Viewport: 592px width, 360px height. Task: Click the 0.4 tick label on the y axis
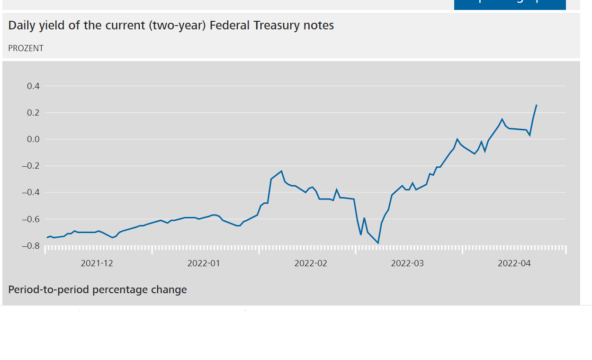tap(33, 86)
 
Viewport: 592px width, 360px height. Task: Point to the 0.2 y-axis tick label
tap(33, 113)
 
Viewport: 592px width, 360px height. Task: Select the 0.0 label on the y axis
tap(33, 139)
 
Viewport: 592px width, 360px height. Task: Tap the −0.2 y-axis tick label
tap(31, 166)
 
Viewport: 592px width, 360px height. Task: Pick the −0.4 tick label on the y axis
tap(31, 192)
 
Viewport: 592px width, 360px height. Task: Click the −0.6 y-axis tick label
tap(31, 219)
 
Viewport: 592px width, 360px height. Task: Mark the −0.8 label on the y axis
tap(31, 246)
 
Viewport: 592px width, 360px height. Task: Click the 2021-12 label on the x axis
tap(97, 263)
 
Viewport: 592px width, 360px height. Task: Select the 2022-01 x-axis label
tap(204, 263)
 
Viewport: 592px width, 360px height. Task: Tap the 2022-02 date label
tap(311, 263)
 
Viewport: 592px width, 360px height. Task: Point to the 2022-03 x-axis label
tap(407, 263)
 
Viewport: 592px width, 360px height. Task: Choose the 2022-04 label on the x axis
tap(514, 263)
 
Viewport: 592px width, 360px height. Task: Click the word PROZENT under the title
tap(26, 48)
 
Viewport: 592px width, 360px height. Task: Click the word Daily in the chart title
tap(22, 26)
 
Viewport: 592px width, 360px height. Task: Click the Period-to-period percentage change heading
tap(98, 289)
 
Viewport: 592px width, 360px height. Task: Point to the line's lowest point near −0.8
tap(378, 243)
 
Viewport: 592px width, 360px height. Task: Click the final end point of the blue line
tap(536, 105)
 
